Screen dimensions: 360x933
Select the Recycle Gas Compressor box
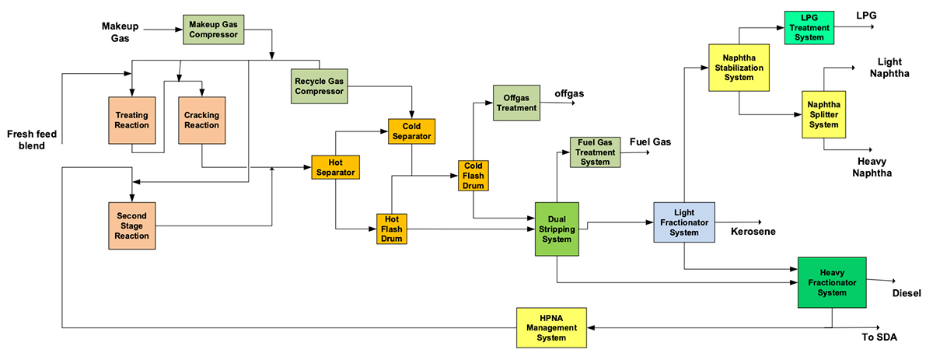pos(320,86)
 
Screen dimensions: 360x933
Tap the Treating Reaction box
pos(132,121)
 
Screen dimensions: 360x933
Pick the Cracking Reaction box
pos(201,121)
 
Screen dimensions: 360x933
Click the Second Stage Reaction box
pos(132,225)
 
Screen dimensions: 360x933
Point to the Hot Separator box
pos(335,166)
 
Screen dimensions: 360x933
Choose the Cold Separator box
pos(411,131)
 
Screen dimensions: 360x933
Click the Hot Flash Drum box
pos(391,229)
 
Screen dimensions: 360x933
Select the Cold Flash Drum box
pos(473,176)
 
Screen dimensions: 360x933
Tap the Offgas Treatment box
pos(516,103)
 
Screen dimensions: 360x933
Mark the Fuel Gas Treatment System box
pos(595,152)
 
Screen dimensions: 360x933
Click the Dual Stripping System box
pos(557,229)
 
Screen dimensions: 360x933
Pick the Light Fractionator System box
pos(684,222)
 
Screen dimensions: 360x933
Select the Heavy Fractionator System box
pos(832,282)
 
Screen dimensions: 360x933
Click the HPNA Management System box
pos(552,327)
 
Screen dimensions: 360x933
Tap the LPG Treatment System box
pos(809,27)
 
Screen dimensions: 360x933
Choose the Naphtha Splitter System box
pos(823,114)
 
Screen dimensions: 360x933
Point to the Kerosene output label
pos(753,231)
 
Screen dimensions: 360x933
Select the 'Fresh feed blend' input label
pos(32,139)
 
